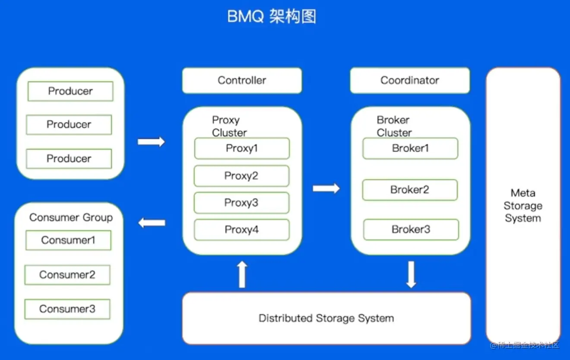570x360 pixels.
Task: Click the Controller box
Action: (242, 80)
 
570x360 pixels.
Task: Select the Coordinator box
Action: (409, 80)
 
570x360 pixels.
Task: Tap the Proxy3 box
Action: (241, 203)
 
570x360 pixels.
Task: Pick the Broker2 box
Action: (410, 190)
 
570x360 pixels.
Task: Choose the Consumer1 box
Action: (68, 240)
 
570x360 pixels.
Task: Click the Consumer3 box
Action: (67, 309)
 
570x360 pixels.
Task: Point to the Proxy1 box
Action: (242, 149)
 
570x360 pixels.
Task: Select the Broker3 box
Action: (411, 229)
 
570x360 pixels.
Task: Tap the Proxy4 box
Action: (241, 230)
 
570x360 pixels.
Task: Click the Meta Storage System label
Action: (523, 206)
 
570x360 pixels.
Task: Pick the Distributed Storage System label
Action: (326, 319)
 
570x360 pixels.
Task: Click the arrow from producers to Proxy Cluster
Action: (151, 142)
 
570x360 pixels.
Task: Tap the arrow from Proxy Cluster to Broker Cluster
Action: (326, 188)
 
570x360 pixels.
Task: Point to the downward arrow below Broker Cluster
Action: (411, 274)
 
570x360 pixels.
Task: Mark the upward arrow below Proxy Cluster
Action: (242, 274)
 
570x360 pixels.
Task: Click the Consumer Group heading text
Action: (71, 217)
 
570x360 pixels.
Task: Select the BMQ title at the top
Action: (272, 17)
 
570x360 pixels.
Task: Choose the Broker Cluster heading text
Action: (394, 126)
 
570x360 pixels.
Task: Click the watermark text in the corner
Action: (525, 345)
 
